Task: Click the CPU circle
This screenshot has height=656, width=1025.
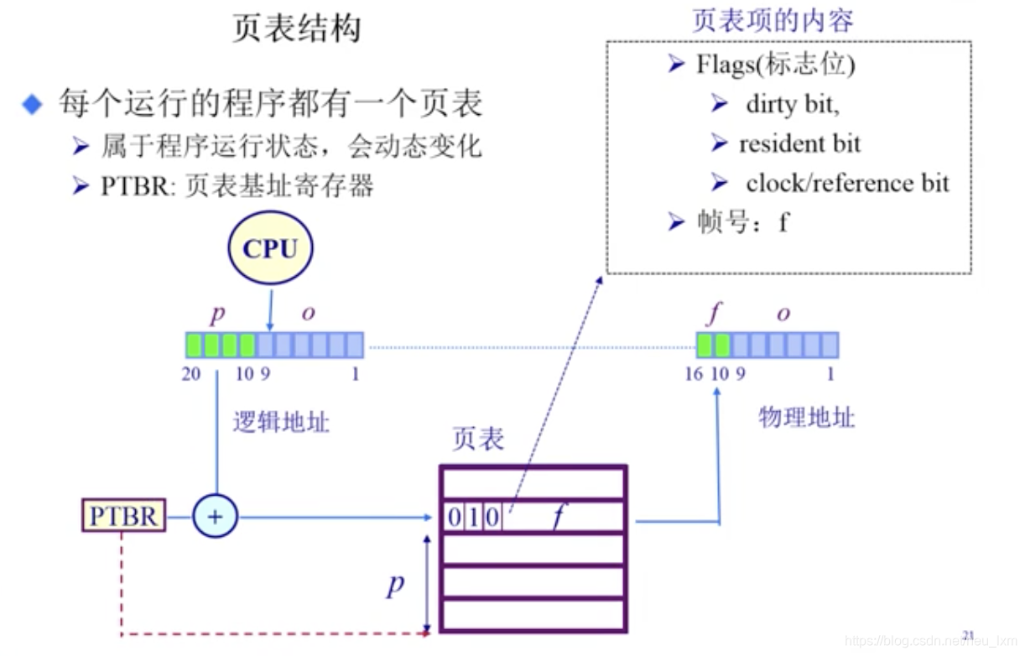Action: click(x=270, y=249)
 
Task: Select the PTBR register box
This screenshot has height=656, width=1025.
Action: click(x=123, y=516)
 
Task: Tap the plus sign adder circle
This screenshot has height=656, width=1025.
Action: click(x=215, y=516)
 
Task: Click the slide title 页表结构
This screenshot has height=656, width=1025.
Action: click(x=297, y=29)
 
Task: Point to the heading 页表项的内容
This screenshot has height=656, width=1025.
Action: click(x=773, y=20)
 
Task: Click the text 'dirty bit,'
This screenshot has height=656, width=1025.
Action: click(x=793, y=105)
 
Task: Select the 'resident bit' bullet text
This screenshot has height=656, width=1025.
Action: click(x=799, y=144)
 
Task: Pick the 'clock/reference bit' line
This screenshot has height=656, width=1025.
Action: click(x=847, y=183)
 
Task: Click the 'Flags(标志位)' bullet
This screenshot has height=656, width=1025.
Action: click(x=775, y=65)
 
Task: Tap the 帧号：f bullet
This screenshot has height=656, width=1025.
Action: click(x=741, y=221)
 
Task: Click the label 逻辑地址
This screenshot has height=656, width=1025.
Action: click(x=281, y=422)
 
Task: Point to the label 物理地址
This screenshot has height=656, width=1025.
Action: click(x=806, y=417)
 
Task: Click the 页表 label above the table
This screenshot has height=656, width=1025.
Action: click(x=478, y=439)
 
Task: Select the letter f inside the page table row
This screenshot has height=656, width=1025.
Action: click(x=557, y=517)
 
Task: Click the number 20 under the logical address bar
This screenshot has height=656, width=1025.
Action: click(x=192, y=373)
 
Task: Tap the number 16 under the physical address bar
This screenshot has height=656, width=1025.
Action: click(x=694, y=373)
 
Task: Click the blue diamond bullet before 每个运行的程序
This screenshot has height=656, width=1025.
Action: click(x=32, y=106)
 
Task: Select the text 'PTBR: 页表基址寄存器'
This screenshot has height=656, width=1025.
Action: click(x=237, y=185)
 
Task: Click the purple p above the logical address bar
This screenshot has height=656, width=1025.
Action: click(x=217, y=314)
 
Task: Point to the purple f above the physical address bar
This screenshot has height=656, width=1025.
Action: click(x=713, y=314)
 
